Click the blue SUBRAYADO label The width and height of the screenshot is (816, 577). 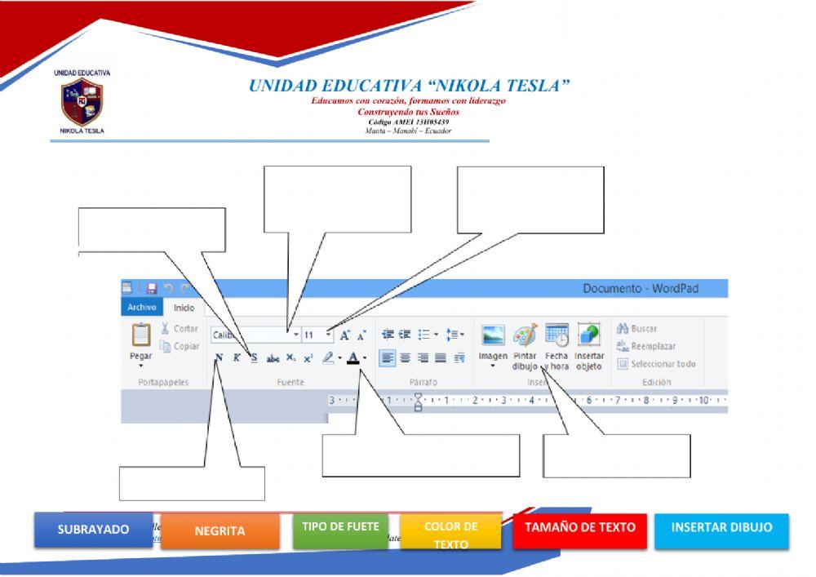(x=93, y=530)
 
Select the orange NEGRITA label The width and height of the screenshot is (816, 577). (x=219, y=531)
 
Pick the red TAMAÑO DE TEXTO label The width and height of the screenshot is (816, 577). (x=579, y=528)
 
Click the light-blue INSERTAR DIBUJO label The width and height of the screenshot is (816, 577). (x=722, y=528)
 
